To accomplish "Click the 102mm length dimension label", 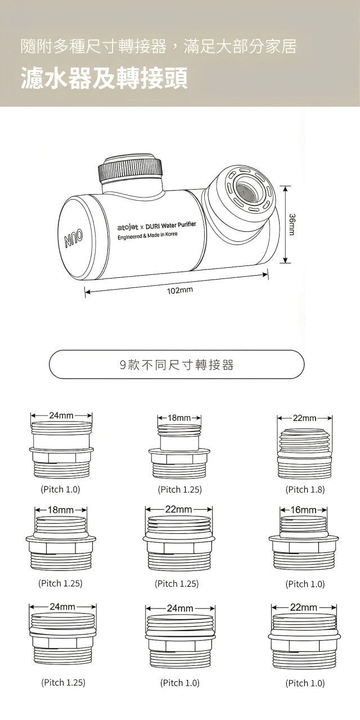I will pyautogui.click(x=179, y=290).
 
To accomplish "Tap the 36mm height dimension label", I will pyautogui.click(x=291, y=224).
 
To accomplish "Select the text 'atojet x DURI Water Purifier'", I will pyautogui.click(x=156, y=226).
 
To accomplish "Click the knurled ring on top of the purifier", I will pyautogui.click(x=130, y=168).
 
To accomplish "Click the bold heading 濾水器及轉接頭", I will pyautogui.click(x=104, y=79).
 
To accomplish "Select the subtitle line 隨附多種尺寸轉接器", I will pyautogui.click(x=158, y=46).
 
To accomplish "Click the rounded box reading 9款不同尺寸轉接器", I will pyautogui.click(x=177, y=365).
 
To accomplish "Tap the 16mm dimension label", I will pyautogui.click(x=304, y=510).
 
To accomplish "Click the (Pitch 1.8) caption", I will pyautogui.click(x=305, y=489).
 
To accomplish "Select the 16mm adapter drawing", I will pyautogui.click(x=304, y=543).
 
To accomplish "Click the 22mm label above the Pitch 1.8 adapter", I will pyautogui.click(x=305, y=418).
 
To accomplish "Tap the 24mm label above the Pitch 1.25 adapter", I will pyautogui.click(x=62, y=606).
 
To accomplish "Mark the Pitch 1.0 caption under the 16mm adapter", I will pyautogui.click(x=305, y=584).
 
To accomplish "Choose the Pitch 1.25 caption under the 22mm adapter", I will pyautogui.click(x=177, y=584).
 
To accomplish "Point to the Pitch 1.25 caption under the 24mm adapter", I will pyautogui.click(x=63, y=682).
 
